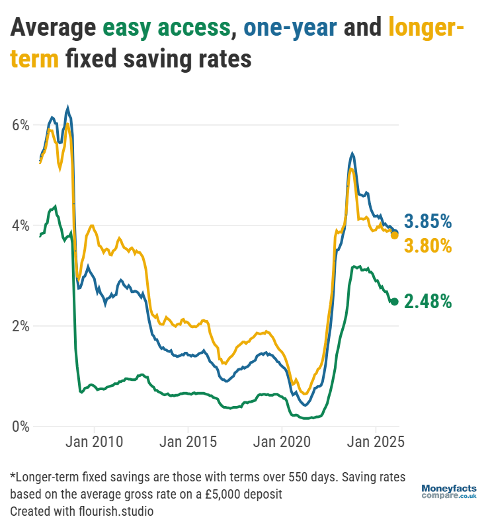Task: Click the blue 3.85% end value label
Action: coord(428,220)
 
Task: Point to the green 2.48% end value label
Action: coord(428,302)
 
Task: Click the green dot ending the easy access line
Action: coord(395,302)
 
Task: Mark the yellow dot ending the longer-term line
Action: coord(395,235)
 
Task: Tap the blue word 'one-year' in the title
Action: coord(291,28)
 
